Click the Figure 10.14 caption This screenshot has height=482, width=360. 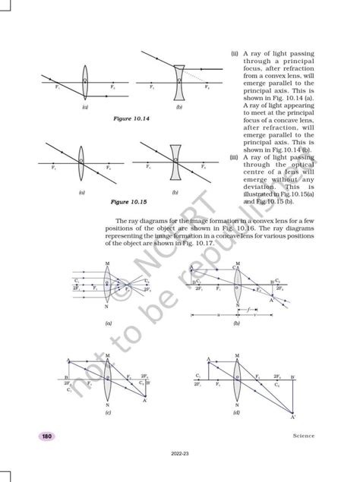(131, 120)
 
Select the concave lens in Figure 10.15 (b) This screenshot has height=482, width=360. (175, 161)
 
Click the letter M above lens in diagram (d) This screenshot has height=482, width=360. (237, 355)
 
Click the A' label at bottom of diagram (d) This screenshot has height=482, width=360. (293, 418)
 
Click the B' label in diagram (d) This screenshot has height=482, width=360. (292, 376)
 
